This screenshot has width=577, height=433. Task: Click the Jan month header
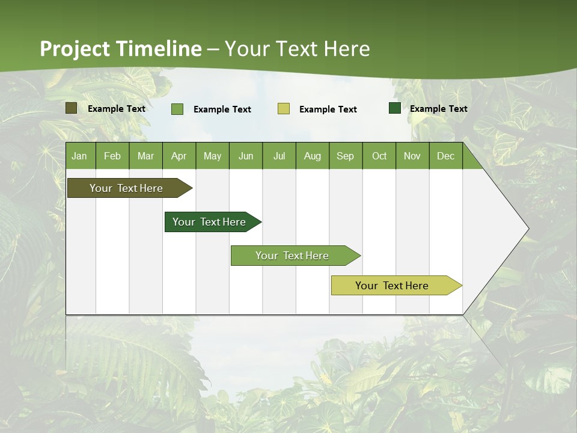click(x=80, y=156)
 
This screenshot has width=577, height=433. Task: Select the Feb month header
click(x=112, y=156)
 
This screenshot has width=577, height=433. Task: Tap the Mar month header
click(x=145, y=156)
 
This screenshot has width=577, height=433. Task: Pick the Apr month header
click(x=179, y=156)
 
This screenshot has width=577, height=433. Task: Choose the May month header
click(x=212, y=156)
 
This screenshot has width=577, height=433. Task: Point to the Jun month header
click(x=246, y=156)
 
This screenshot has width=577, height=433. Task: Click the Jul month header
click(x=279, y=156)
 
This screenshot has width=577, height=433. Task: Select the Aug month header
click(x=313, y=156)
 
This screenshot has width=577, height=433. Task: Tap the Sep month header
click(x=346, y=156)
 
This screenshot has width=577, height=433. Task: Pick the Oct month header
click(x=379, y=156)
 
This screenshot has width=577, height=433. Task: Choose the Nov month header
click(x=412, y=156)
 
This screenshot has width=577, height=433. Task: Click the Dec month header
click(x=445, y=156)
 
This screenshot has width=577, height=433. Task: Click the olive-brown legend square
click(x=71, y=108)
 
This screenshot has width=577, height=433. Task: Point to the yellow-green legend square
click(x=284, y=109)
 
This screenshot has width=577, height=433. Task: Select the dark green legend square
click(x=395, y=108)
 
